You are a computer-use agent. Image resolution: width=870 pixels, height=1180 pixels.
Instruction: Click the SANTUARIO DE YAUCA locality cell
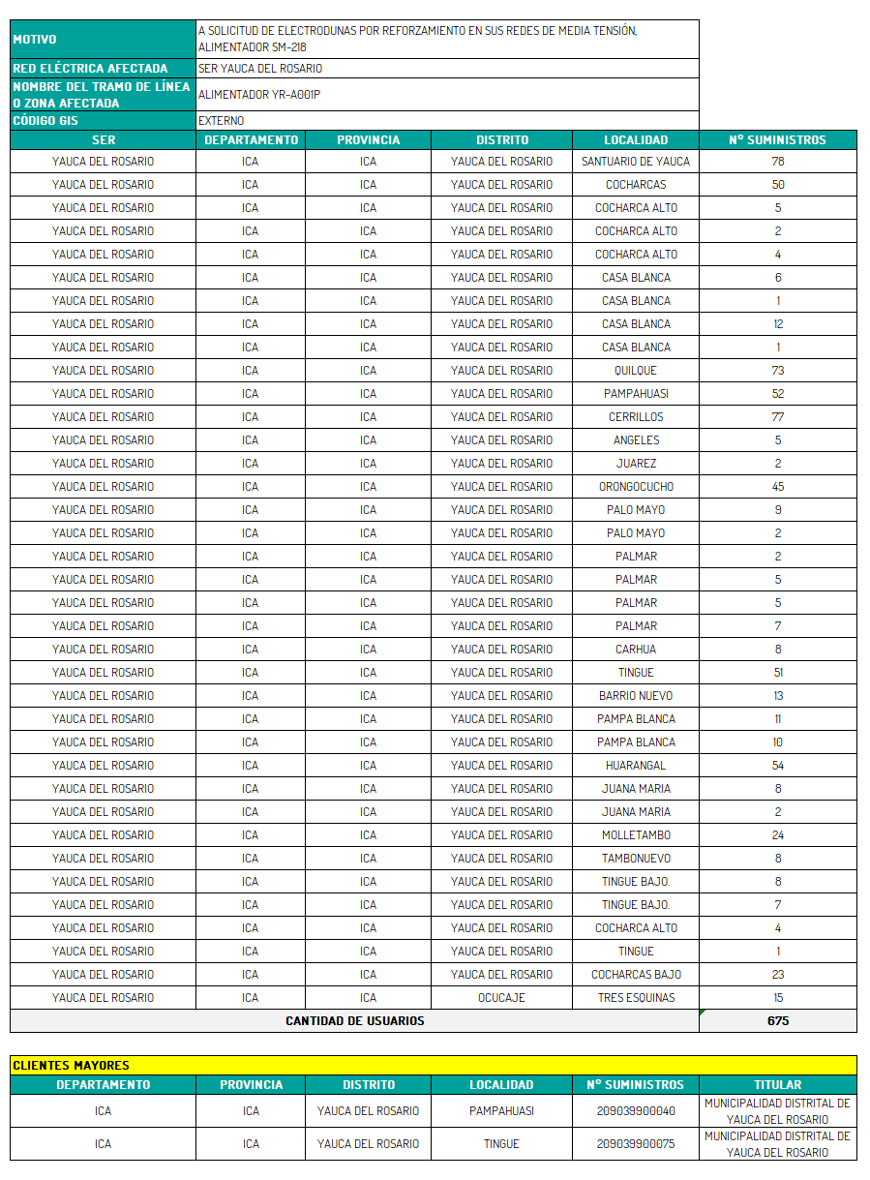[636, 162]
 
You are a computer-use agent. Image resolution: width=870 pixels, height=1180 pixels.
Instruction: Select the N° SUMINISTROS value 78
[778, 162]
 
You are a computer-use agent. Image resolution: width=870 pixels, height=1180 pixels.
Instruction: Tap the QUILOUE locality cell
[636, 371]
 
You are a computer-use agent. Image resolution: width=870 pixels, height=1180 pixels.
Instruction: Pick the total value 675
[778, 1021]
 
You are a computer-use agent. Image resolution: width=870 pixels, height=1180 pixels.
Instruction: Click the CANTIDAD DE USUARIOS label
[354, 1021]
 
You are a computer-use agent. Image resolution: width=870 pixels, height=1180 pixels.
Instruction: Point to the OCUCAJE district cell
[501, 998]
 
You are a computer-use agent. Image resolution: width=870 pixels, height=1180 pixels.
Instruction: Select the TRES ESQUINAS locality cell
[636, 998]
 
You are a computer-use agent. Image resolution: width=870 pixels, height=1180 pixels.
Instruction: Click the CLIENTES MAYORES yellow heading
[72, 1066]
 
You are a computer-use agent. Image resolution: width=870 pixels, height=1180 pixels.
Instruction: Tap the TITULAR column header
[778, 1085]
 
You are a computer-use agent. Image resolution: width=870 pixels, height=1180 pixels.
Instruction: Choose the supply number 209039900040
[636, 1111]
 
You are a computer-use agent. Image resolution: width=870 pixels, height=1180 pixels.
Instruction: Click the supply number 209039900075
[636, 1144]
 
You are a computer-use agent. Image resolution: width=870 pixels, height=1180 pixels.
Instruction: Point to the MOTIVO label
[35, 40]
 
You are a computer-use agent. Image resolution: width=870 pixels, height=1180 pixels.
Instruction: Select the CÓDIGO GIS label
[45, 121]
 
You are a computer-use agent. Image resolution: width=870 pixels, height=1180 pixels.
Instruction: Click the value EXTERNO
[222, 121]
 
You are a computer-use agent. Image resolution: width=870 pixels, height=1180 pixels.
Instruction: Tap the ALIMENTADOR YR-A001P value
[259, 95]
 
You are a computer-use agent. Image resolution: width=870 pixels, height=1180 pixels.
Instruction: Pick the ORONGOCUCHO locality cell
[636, 487]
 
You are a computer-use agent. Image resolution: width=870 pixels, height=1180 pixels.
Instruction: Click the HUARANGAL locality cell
[636, 766]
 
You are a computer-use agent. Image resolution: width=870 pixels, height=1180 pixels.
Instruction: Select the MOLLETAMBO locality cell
[636, 835]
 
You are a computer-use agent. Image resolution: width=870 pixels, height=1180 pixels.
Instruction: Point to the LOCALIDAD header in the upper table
[636, 140]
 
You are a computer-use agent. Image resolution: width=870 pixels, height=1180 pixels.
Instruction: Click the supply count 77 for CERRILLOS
[778, 417]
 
